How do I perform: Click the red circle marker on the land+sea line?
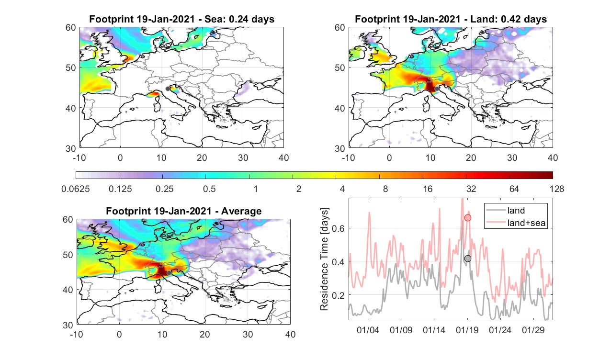[467, 218]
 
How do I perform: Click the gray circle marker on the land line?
[467, 259]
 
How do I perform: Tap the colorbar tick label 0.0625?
[76, 189]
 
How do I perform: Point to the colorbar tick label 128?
[557, 189]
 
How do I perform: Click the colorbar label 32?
[471, 189]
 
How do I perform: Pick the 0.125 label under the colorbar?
[120, 189]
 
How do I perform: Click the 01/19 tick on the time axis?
[467, 330]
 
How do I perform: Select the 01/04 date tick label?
[368, 330]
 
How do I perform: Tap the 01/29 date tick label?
[533, 330]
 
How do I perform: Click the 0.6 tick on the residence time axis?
[338, 228]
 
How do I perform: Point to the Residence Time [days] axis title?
[324, 259]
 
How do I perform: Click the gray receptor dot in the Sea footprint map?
[168, 89]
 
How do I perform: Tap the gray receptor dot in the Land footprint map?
[437, 89]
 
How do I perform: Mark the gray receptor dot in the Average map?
[169, 273]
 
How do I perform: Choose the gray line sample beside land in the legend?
[496, 210]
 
